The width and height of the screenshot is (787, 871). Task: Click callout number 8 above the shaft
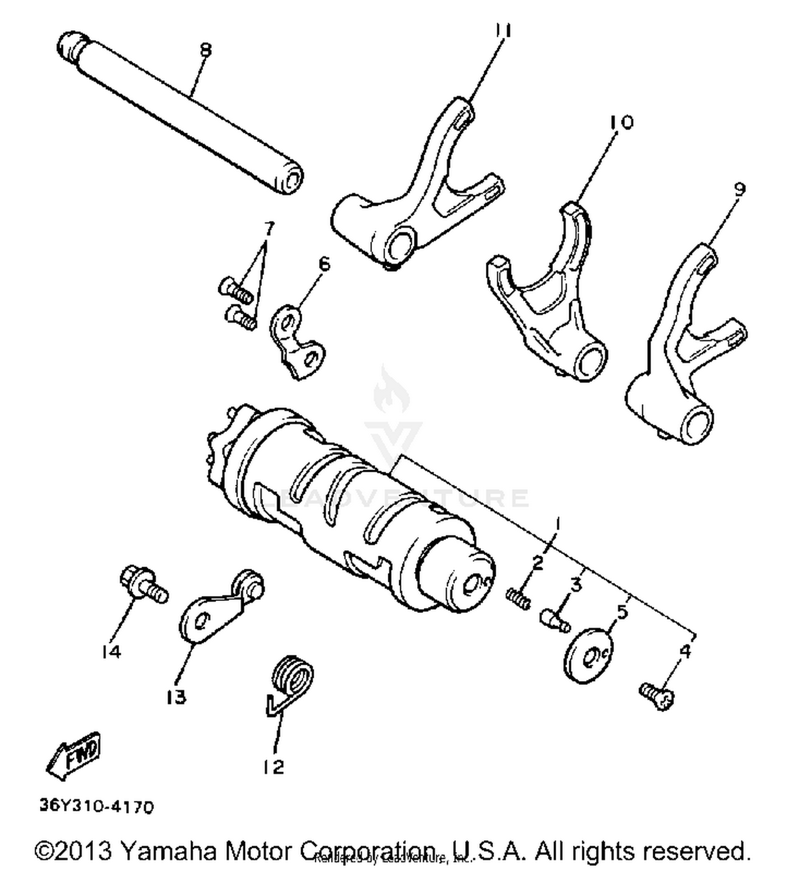206,50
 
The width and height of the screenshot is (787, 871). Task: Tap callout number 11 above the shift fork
503,31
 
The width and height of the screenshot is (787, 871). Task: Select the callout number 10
621,122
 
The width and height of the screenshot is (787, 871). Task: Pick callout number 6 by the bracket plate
325,264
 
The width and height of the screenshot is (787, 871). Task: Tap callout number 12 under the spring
274,767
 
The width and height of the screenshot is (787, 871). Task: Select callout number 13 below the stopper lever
176,697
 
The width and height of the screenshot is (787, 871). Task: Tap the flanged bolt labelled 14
142,584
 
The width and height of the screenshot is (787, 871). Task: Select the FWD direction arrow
75,755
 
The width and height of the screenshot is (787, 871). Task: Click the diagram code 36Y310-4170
97,806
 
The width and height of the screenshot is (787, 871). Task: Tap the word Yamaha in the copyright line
168,851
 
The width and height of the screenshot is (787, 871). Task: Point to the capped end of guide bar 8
69,45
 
